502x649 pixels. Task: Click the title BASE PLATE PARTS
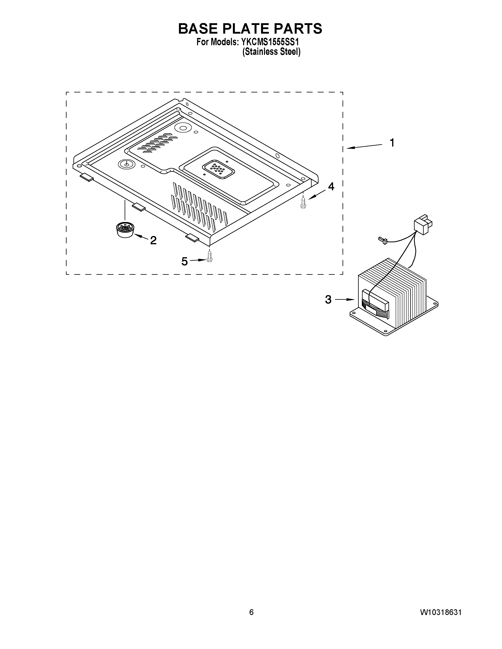(x=250, y=29)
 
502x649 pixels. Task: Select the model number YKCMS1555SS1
(x=269, y=42)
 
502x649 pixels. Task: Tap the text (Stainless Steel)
(x=271, y=52)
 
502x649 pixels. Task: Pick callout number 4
(x=331, y=187)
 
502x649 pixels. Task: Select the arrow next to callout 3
(x=345, y=300)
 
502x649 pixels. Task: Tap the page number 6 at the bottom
(x=251, y=612)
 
